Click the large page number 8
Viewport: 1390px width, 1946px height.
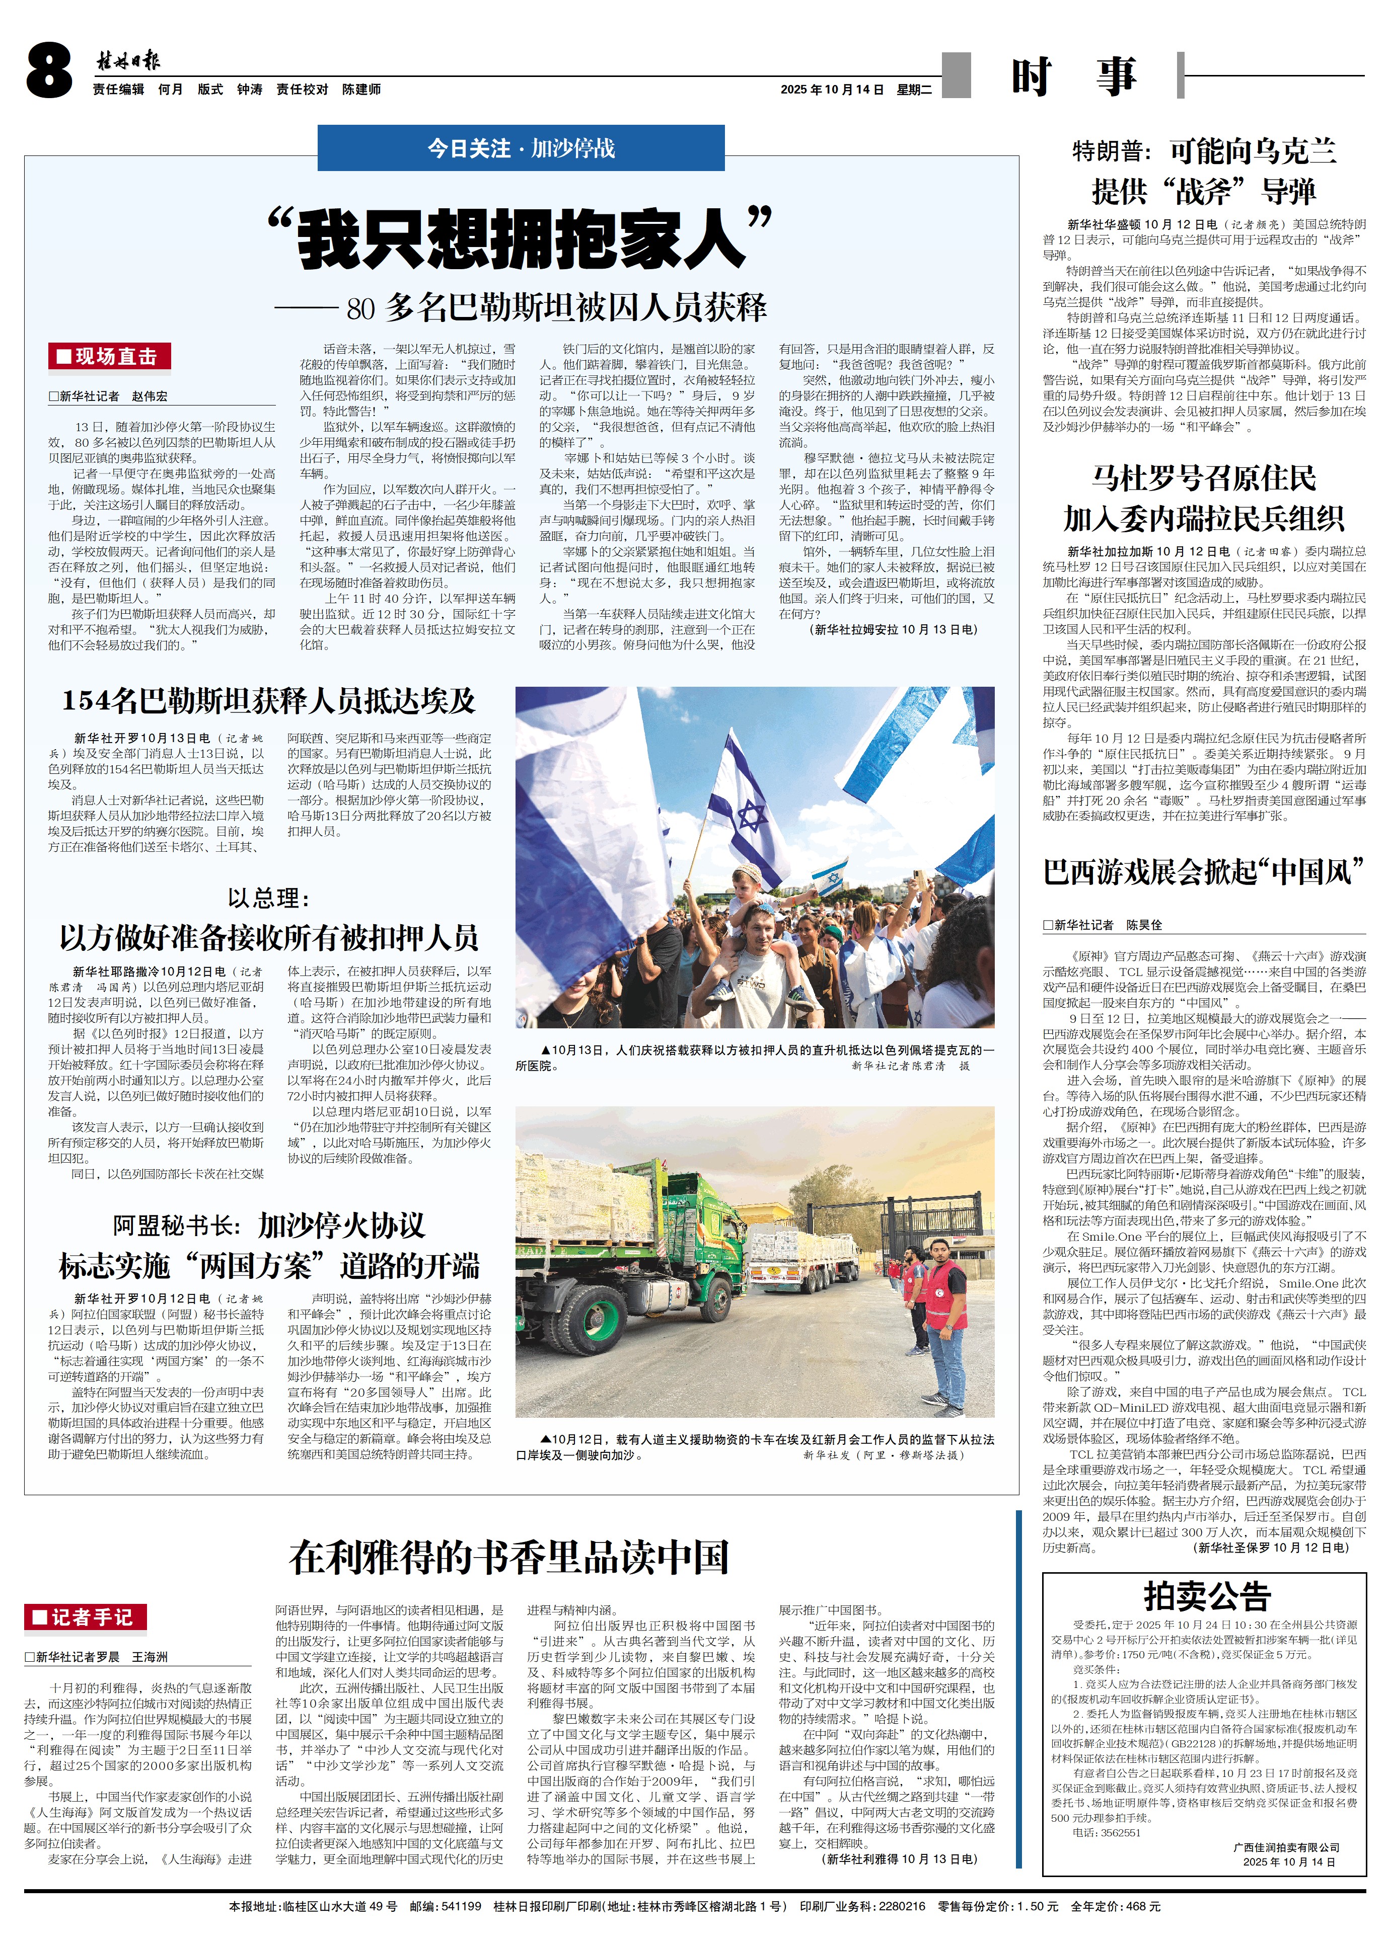pos(49,72)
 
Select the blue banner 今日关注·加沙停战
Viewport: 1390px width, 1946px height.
pos(521,148)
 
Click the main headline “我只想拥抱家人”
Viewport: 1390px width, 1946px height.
pos(521,238)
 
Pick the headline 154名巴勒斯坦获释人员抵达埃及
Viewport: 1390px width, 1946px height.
pos(268,701)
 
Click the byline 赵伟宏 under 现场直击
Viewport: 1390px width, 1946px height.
pos(150,396)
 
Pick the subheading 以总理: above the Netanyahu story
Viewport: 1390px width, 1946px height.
pos(268,898)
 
